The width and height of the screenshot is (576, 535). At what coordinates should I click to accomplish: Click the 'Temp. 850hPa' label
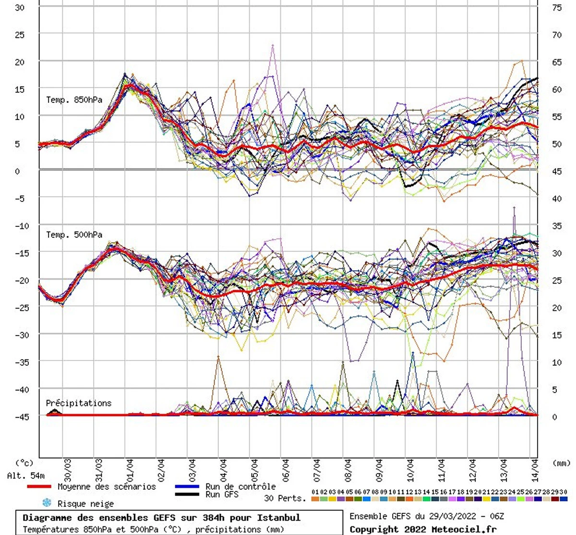74,100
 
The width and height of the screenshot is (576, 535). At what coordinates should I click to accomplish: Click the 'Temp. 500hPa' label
74,235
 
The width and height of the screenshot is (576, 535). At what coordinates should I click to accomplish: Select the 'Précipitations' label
78,403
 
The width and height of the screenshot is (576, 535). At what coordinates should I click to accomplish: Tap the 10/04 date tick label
410,470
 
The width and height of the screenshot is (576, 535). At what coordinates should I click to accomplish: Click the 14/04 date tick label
535,470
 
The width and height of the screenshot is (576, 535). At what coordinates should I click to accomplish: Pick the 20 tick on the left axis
19,62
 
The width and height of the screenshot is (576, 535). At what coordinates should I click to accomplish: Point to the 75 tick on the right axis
557,8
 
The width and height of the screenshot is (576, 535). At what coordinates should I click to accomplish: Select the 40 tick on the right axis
557,199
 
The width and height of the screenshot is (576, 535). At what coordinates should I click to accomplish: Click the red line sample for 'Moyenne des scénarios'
39,487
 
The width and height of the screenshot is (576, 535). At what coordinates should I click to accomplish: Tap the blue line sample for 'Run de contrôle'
188,486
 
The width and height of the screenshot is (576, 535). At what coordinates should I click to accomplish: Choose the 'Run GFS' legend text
222,494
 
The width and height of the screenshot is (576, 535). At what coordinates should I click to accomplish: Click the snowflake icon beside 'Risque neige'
47,503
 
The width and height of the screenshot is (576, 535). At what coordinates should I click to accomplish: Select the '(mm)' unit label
561,463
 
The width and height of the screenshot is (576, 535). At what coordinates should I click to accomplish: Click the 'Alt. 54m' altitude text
26,476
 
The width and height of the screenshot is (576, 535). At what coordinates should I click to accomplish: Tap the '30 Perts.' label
285,498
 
